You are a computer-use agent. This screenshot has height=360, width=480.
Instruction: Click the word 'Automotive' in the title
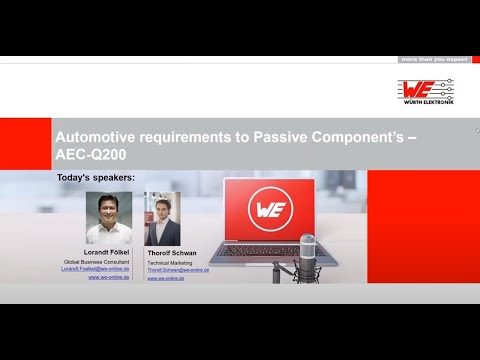[97, 132]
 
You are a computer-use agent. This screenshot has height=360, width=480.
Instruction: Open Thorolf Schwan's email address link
[178, 269]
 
